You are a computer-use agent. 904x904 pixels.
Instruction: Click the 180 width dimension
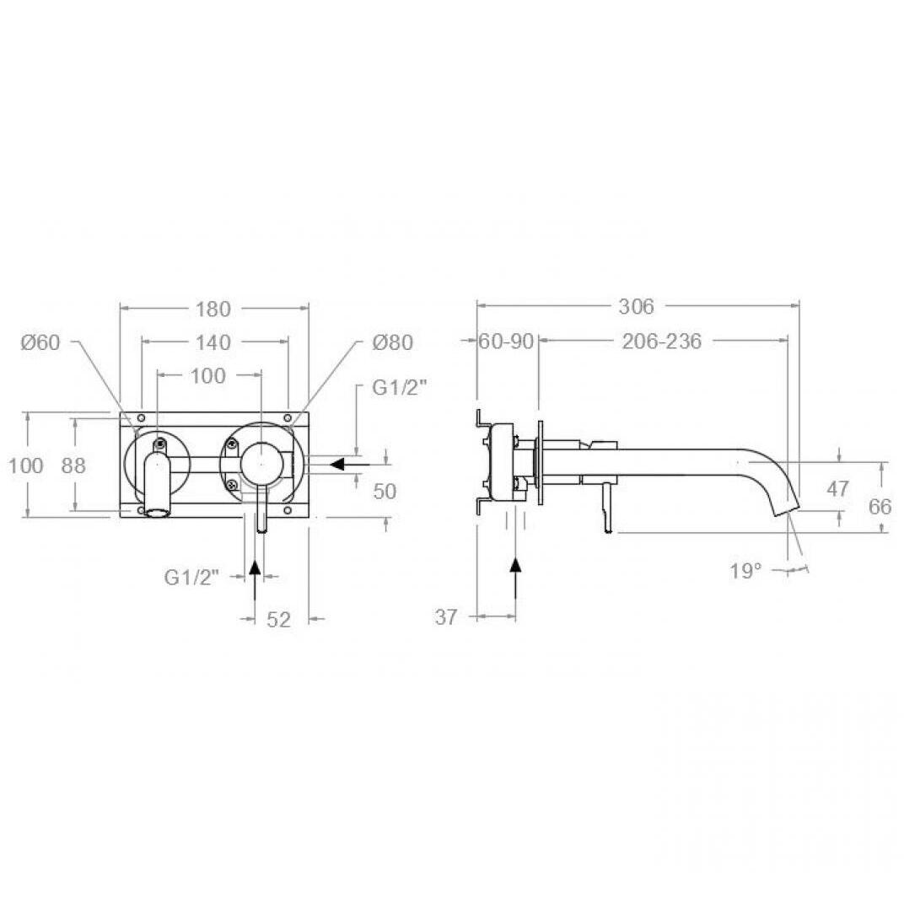(x=213, y=309)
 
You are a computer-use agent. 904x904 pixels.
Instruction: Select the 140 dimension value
(x=213, y=342)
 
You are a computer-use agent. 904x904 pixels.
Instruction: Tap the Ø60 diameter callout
(x=40, y=342)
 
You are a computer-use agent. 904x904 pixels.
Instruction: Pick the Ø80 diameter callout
(x=393, y=342)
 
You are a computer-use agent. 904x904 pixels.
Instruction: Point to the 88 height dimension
(x=74, y=465)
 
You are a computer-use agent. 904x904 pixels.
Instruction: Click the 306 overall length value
(x=637, y=307)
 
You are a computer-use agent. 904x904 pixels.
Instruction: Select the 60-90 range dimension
(x=506, y=342)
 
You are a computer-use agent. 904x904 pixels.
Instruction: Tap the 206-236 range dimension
(x=662, y=342)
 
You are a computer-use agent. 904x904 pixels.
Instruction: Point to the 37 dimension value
(x=446, y=617)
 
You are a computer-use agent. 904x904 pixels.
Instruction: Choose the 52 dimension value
(x=278, y=620)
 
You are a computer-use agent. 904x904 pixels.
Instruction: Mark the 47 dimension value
(x=837, y=489)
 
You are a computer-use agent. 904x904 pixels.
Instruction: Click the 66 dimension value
(x=880, y=507)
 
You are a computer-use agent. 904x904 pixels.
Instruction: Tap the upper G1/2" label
(x=400, y=388)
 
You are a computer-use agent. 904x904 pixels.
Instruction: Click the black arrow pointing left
(x=349, y=464)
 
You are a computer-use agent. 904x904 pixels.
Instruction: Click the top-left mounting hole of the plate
(x=142, y=417)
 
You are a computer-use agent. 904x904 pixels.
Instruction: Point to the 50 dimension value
(x=385, y=492)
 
